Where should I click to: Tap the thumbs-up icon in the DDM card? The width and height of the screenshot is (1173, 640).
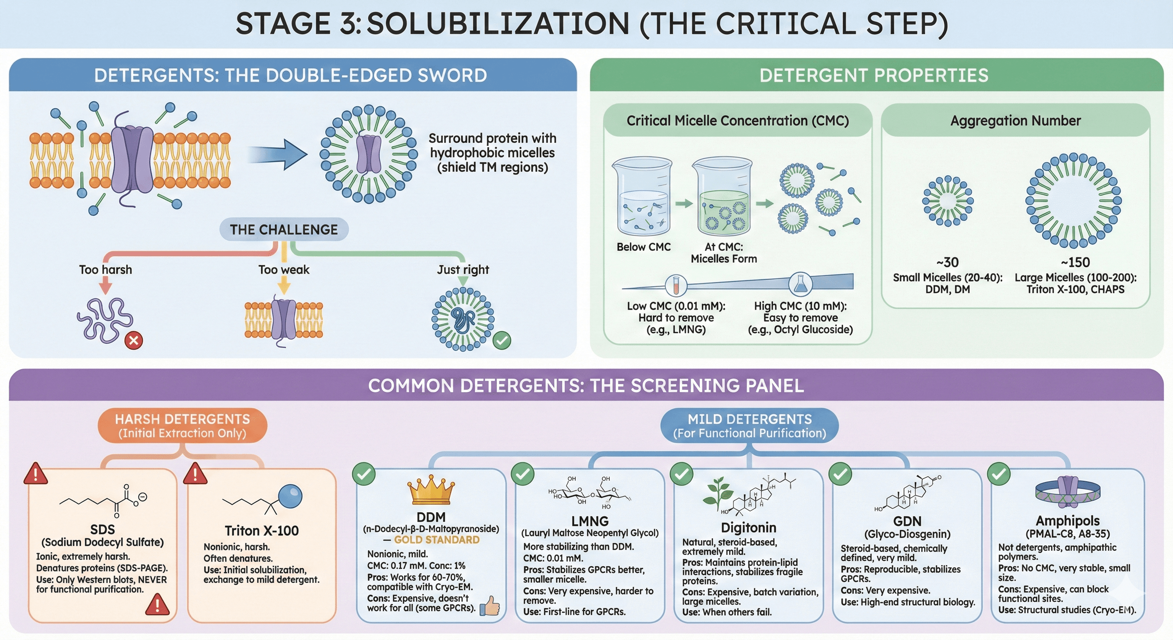click(490, 606)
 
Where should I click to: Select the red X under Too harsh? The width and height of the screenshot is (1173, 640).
click(133, 340)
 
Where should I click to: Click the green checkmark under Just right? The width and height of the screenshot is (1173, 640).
click(502, 340)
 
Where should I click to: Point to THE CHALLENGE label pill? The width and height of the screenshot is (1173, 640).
click(284, 230)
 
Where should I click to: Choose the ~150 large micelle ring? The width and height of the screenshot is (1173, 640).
click(1073, 200)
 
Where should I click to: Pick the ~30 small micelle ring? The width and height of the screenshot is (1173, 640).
click(948, 200)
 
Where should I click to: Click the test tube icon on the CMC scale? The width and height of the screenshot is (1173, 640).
click(676, 285)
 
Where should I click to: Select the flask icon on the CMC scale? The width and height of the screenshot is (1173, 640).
click(800, 284)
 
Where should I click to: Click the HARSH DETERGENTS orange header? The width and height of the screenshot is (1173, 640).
click(182, 425)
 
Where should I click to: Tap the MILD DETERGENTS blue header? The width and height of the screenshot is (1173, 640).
click(749, 425)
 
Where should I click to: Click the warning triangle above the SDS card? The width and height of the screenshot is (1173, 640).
click(35, 474)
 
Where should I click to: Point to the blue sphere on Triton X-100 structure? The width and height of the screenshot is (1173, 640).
click(290, 496)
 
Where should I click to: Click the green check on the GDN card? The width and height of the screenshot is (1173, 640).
click(840, 474)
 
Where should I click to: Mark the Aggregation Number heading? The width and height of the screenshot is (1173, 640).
click(1015, 121)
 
